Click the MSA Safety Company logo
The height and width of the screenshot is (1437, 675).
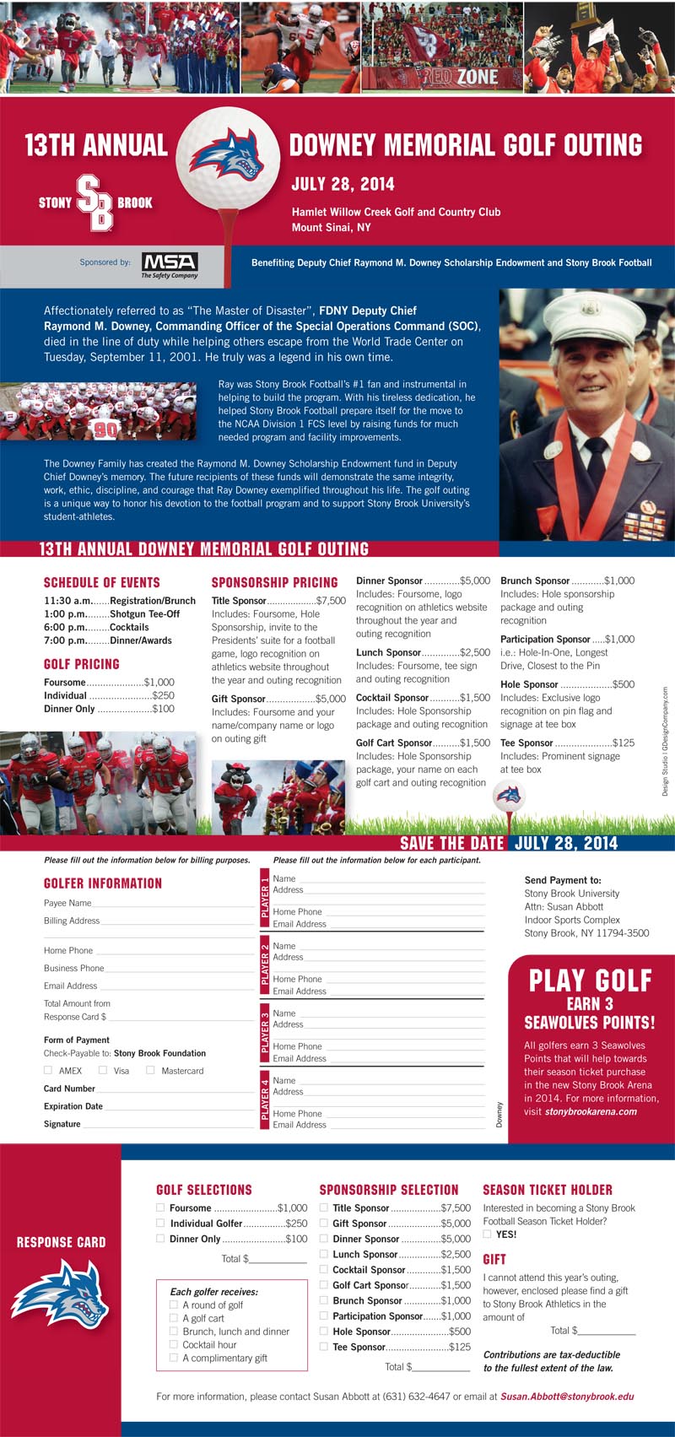170,265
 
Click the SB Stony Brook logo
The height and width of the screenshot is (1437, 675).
95,203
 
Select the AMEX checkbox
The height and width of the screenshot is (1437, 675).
48,1070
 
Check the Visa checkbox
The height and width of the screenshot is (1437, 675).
103,1070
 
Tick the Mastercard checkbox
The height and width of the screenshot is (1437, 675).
150,1070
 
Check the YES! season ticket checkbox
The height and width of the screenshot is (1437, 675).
487,1234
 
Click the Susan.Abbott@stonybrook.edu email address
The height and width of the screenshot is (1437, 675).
567,1396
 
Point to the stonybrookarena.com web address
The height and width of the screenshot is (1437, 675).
591,1111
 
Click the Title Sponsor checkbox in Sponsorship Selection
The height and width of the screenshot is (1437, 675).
325,1207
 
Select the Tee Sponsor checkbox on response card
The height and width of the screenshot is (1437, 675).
325,1347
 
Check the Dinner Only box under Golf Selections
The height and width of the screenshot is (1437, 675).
161,1239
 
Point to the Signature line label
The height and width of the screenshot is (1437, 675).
62,1124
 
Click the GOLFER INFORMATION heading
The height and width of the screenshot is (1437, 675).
103,883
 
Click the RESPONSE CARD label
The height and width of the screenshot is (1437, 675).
61,1242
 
